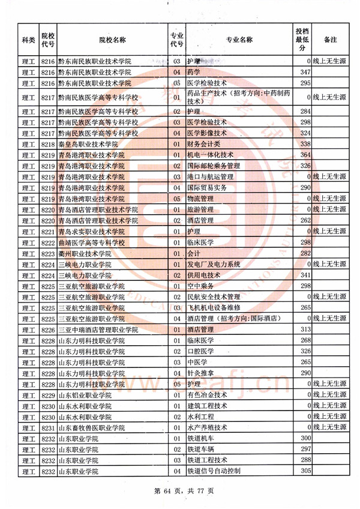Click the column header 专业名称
(239, 40)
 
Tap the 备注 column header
(330, 40)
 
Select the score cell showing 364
(304, 155)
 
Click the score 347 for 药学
(304, 72)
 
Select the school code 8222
(49, 242)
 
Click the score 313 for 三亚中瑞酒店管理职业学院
(304, 330)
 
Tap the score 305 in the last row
(304, 471)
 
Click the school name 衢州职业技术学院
(88, 253)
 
